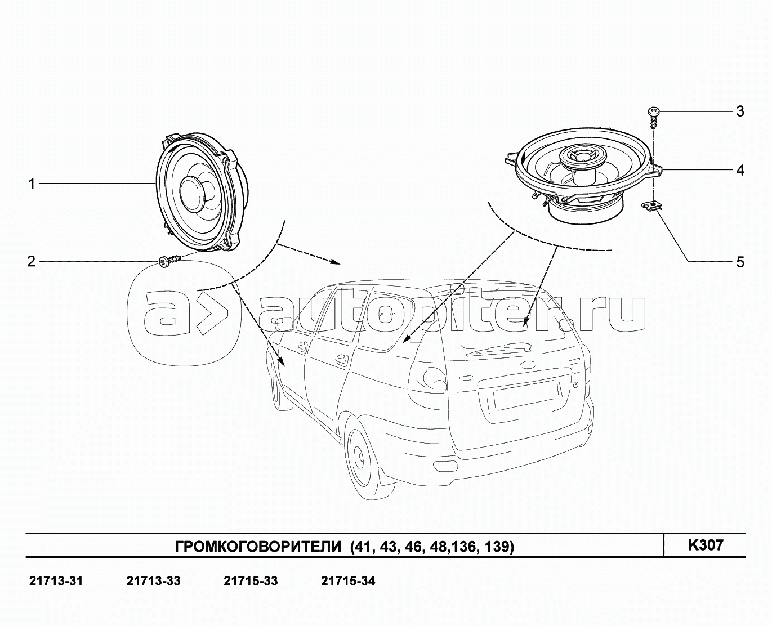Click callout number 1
(x=32, y=184)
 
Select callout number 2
(x=32, y=261)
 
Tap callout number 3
(x=740, y=111)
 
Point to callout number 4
(x=740, y=170)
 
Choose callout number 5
(x=740, y=262)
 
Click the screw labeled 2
(x=169, y=261)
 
